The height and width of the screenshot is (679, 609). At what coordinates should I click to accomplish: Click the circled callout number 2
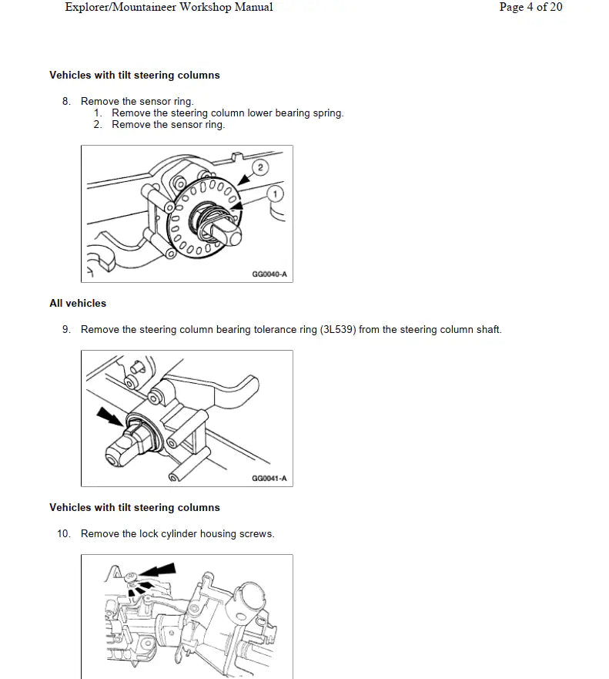[260, 167]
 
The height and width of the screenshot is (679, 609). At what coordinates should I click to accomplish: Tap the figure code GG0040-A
[269, 274]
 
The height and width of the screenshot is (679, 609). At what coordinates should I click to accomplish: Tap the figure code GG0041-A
[269, 479]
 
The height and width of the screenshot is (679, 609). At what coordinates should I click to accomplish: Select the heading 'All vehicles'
[78, 304]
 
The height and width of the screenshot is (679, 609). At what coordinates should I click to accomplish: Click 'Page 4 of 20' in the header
[530, 8]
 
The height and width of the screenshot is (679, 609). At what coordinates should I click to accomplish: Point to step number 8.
[66, 102]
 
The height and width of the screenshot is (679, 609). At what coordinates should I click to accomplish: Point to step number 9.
[66, 330]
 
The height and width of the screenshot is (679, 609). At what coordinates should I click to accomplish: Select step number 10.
[64, 534]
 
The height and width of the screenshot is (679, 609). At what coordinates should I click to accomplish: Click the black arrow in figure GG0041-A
[109, 418]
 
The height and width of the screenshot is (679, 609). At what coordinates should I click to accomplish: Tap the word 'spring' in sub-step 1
[327, 113]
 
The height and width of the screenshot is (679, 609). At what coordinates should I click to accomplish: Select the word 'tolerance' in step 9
[274, 330]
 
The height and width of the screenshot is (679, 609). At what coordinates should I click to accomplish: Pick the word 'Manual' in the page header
[253, 8]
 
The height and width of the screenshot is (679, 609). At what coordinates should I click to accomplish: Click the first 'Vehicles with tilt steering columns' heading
[135, 76]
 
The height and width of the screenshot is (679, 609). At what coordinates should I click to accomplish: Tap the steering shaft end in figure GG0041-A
[113, 456]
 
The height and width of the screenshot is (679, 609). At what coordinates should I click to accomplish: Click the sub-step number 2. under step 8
[99, 125]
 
